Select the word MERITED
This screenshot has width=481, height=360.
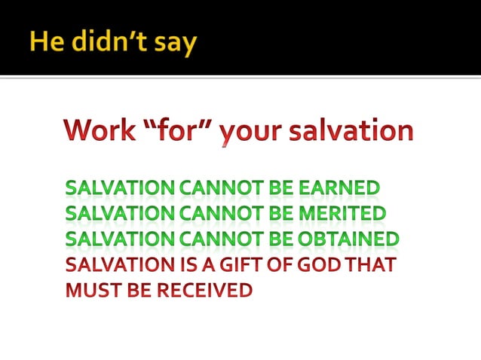click(x=343, y=214)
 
